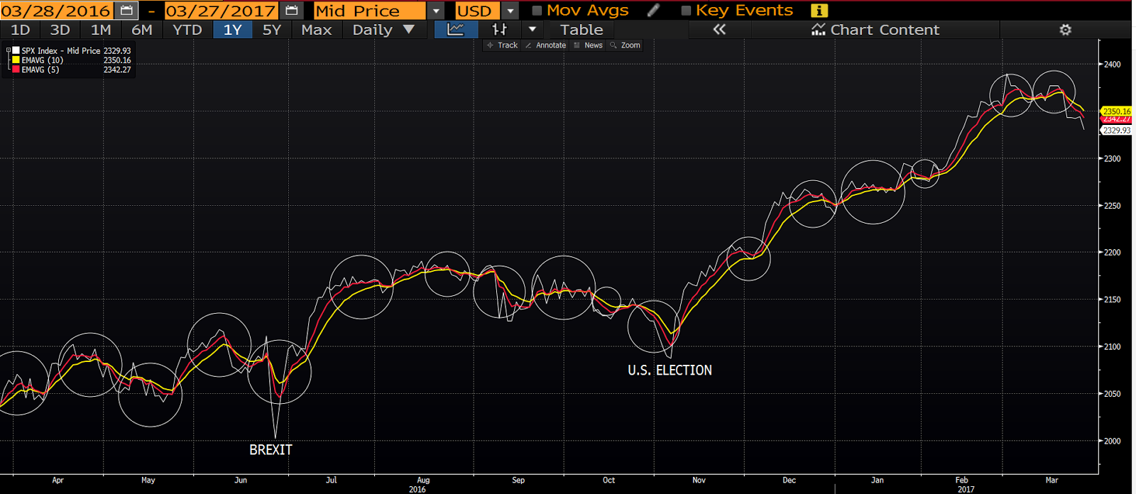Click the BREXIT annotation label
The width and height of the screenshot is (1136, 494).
tap(271, 450)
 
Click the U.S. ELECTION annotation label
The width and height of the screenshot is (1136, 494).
tap(670, 370)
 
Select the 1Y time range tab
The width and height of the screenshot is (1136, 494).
tap(232, 30)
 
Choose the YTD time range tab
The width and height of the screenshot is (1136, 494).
tap(187, 30)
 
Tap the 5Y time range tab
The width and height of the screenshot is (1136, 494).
tap(272, 30)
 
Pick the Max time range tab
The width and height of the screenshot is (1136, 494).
tap(316, 30)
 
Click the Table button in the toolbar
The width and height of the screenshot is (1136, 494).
tap(581, 30)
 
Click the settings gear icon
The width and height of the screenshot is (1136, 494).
tap(1065, 30)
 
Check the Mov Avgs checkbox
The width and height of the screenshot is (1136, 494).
tap(537, 11)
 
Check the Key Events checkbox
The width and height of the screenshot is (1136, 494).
tap(686, 11)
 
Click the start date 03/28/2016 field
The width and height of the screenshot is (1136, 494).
tap(55, 11)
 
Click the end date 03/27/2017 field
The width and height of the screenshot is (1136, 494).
tap(220, 11)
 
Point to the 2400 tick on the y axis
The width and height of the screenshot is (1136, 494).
tap(1112, 65)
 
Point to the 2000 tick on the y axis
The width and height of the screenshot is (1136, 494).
tap(1112, 441)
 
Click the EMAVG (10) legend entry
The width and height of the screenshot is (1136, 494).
tap(42, 60)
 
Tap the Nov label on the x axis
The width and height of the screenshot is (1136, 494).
tap(699, 481)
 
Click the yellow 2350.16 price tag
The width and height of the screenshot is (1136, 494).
tap(1116, 111)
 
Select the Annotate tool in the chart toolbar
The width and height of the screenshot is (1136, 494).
tap(546, 45)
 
